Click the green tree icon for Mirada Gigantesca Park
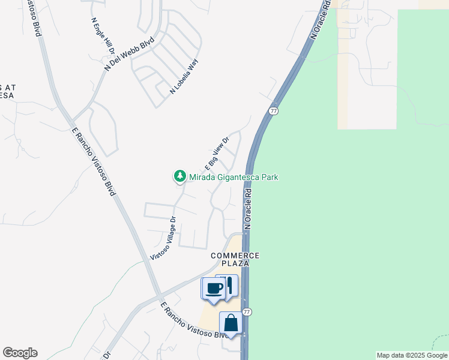tap(179, 176)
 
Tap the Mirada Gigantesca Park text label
tap(234, 177)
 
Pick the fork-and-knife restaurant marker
tap(228, 284)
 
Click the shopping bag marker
tap(231, 324)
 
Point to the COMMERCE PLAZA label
tap(235, 259)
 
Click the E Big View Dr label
tap(217, 154)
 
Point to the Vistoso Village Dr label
tap(163, 238)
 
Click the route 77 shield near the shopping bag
tap(247, 312)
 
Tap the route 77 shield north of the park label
tap(274, 111)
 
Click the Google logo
tap(20, 353)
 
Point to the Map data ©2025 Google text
tap(412, 355)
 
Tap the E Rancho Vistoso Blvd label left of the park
tap(93, 161)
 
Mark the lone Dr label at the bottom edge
tap(107, 355)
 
